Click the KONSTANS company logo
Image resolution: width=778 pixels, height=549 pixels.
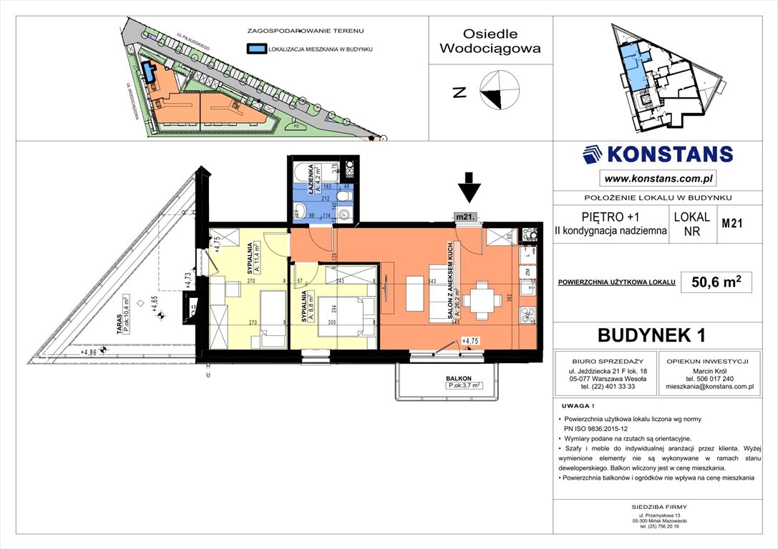coord(658,154)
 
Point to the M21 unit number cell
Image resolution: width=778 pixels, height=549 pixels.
coord(731,223)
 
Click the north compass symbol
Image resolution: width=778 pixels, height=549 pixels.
coord(499,91)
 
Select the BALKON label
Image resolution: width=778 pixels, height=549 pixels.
coord(459,380)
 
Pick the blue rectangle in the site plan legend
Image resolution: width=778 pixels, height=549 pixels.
coord(255,49)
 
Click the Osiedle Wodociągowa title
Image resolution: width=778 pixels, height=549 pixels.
coord(490,41)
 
